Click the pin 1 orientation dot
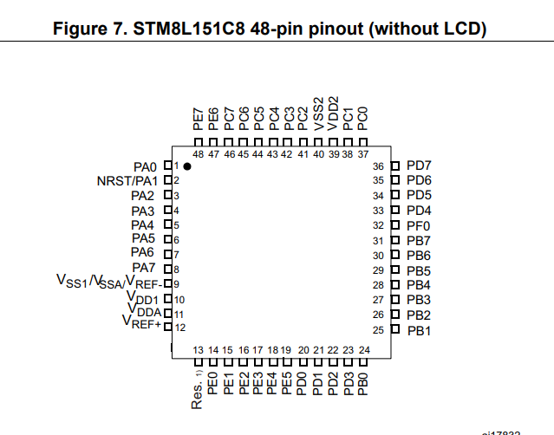pos(186,166)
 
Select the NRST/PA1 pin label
pos(127,180)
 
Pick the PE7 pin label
pos(199,119)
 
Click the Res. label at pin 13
pos(198,393)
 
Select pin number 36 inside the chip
pos(378,166)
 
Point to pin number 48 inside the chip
pos(199,154)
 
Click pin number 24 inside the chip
pos(364,350)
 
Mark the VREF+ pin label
pos(142,324)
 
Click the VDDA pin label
pos(144,310)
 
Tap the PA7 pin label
pos(144,268)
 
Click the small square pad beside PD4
pos(394,211)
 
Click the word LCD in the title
pos(458,29)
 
